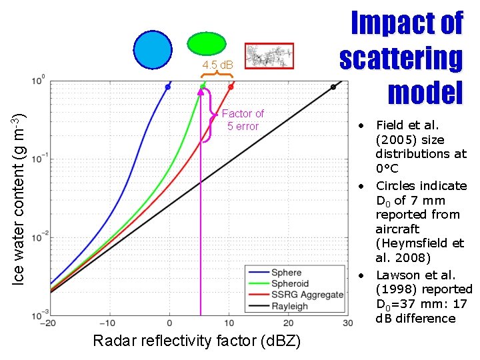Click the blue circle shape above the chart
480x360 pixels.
click(x=153, y=51)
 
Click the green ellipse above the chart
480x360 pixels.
click(x=207, y=43)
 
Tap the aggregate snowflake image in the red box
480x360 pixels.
click(x=269, y=57)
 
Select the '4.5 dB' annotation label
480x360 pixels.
click(x=218, y=65)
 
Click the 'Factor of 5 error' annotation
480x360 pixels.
click(x=243, y=120)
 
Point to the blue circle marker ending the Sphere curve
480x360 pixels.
click(x=168, y=87)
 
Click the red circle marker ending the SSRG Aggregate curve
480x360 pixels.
click(x=231, y=87)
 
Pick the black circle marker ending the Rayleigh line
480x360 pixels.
click(x=333, y=87)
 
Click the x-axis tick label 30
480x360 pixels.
click(x=347, y=323)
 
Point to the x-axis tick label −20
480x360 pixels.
click(x=48, y=323)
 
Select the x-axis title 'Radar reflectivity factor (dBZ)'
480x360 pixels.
click(x=197, y=341)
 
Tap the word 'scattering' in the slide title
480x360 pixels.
click(x=401, y=58)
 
